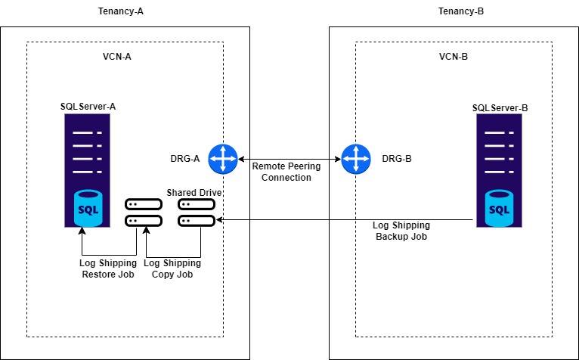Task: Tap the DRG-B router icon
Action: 354,160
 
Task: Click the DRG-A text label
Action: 184,160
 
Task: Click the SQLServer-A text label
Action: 88,107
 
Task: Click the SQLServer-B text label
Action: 500,108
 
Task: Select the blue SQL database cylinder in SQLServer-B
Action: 499,209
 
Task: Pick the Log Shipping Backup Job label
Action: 402,231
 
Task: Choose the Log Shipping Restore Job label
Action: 107,268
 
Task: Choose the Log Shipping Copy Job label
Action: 172,268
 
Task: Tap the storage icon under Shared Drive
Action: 197,213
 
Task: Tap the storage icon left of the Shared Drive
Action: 144,213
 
